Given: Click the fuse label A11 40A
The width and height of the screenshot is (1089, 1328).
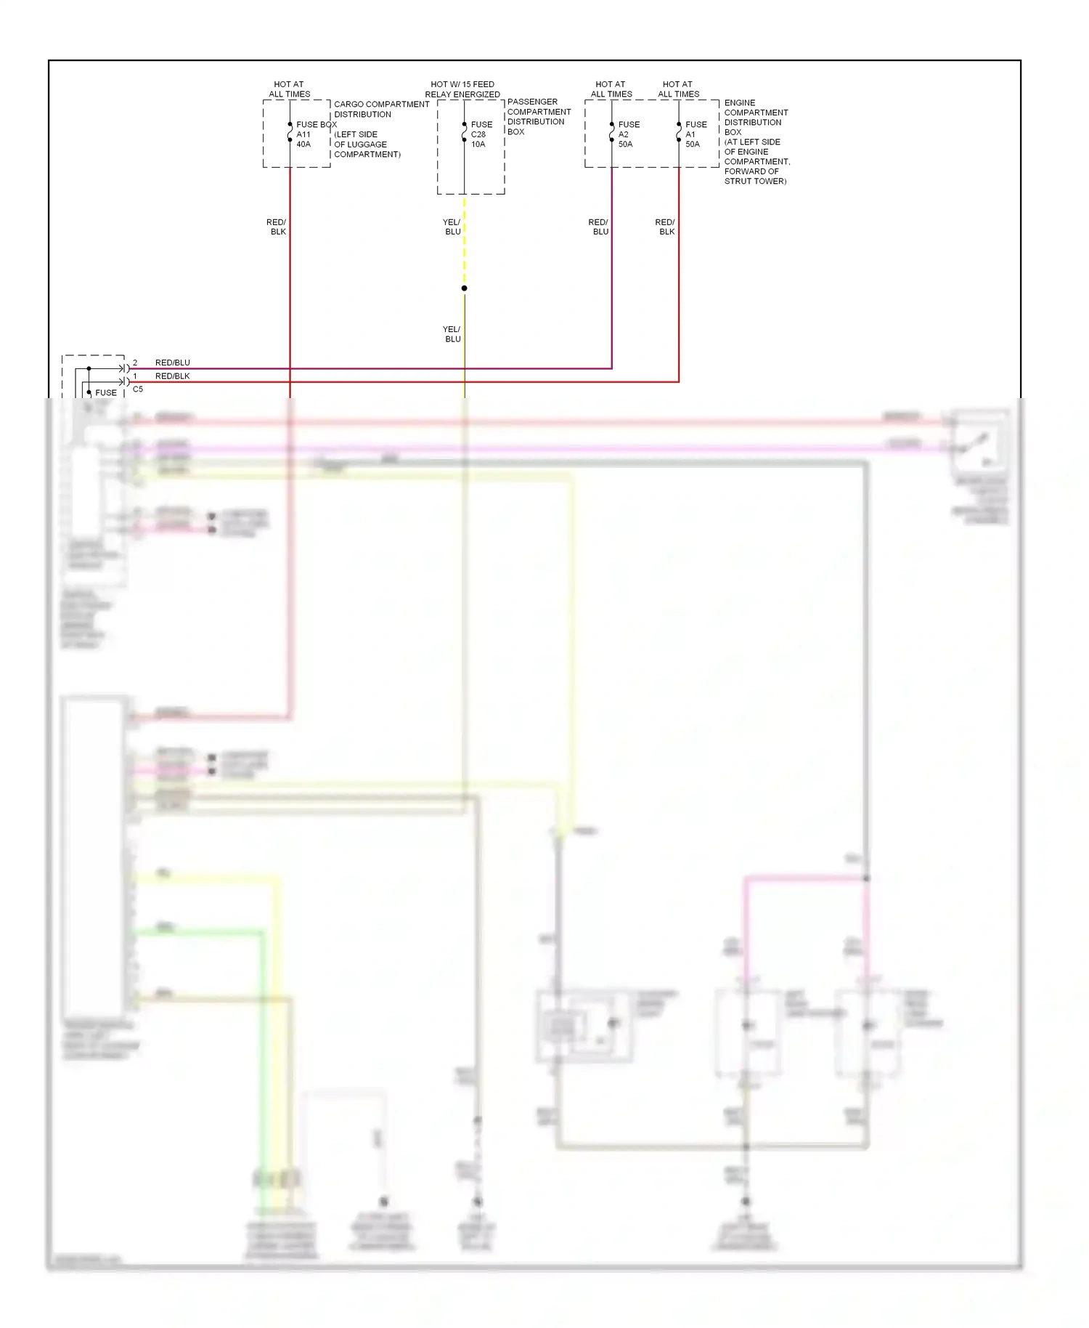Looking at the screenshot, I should point(303,139).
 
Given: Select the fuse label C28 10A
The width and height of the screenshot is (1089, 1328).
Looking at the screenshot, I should point(478,139).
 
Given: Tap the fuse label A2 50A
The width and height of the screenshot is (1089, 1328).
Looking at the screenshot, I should point(626,139).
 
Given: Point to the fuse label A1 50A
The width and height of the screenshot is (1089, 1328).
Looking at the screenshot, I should point(693,139).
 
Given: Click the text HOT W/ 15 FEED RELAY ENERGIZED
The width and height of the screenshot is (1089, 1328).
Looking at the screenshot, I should point(462,89).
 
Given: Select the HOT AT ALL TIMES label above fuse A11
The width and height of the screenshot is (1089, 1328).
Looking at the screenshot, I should point(289,89).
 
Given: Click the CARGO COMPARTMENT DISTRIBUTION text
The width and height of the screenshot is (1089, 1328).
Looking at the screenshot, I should point(381,109).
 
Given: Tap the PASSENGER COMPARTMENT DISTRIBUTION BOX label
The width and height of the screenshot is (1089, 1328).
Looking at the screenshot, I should point(539,116).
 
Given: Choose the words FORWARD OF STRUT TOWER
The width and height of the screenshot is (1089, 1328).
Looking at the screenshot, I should point(755,177).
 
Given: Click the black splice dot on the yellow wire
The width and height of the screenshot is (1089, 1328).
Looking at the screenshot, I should point(465,288).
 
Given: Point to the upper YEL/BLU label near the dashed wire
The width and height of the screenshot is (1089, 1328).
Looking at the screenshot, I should point(452,227).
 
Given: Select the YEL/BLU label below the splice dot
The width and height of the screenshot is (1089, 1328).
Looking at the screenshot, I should point(452,334).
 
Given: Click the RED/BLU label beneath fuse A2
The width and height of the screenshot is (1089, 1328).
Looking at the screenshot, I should point(599,227).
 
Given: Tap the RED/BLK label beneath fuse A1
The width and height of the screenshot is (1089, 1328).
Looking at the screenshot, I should point(666,227).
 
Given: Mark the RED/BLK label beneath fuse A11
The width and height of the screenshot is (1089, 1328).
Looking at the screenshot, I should point(277,227).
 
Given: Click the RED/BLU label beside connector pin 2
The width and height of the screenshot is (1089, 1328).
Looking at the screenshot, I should point(173,363).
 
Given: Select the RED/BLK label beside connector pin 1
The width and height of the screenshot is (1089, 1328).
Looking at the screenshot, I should point(173,376).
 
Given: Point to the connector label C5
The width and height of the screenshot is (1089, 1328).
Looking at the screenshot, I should point(138,389).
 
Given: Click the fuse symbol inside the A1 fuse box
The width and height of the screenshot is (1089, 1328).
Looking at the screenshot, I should point(679,132).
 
